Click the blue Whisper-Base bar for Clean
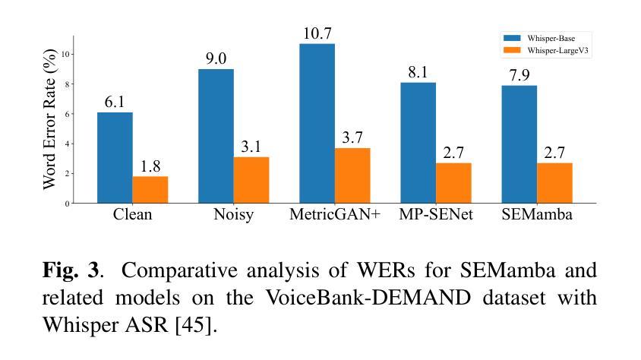115,157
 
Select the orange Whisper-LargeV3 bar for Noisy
251,180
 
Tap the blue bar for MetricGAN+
317,123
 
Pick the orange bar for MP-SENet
453,183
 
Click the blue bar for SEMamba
519,144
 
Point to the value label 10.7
317,33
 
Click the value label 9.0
216,58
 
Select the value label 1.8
150,166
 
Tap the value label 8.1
418,72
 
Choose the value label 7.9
519,75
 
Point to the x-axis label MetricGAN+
334,215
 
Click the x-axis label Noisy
233,215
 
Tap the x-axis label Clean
132,215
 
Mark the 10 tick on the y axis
66,54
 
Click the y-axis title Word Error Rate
49,119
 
